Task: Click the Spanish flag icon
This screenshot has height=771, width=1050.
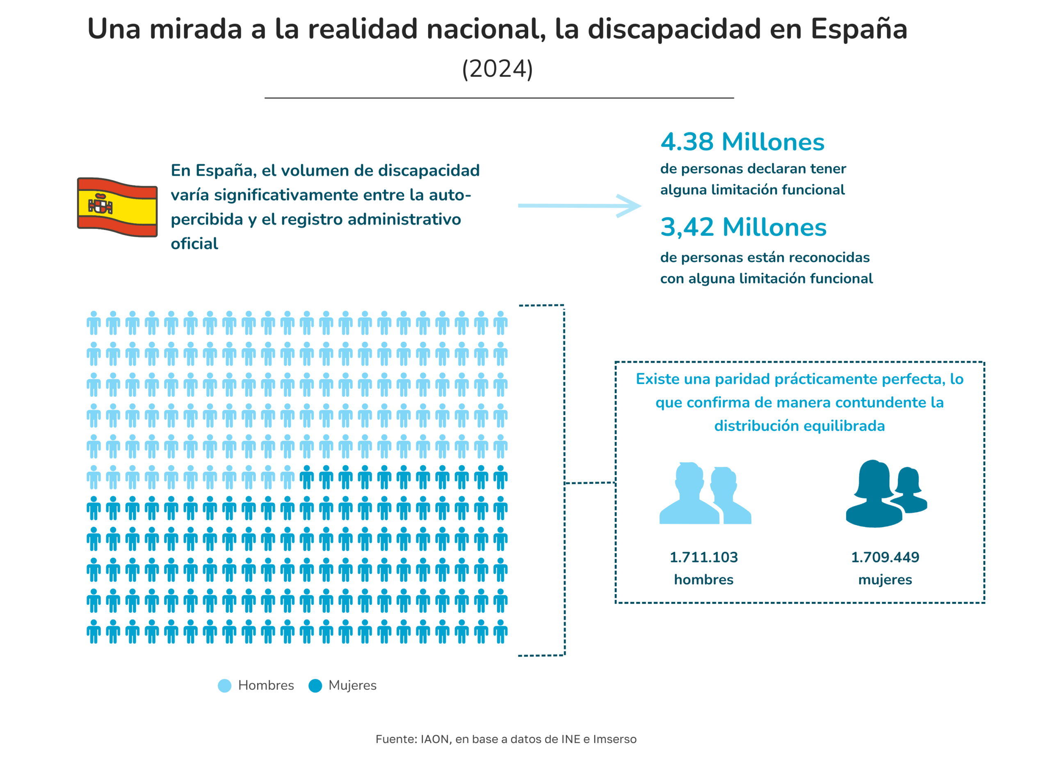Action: (x=117, y=207)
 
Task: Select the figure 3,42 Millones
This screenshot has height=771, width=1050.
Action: (x=743, y=227)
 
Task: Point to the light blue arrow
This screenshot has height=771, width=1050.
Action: (x=579, y=205)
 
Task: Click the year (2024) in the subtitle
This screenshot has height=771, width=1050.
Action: (x=497, y=69)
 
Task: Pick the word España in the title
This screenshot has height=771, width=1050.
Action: (x=858, y=29)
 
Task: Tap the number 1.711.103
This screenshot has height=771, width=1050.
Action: (x=703, y=557)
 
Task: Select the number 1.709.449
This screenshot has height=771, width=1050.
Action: (x=885, y=557)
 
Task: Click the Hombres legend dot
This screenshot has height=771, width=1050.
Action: (x=224, y=686)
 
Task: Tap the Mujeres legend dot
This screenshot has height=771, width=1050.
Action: (x=315, y=686)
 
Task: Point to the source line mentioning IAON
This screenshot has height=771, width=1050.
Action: (x=506, y=739)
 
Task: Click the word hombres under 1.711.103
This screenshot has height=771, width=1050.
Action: (x=703, y=580)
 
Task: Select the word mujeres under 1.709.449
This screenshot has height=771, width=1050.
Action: (x=885, y=580)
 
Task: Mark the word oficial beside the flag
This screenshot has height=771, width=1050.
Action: (x=194, y=244)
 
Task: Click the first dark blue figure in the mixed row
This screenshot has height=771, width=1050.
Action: (x=306, y=477)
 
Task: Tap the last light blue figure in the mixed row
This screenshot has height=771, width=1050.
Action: (x=288, y=477)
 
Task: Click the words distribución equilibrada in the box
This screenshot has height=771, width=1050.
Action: (x=799, y=426)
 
